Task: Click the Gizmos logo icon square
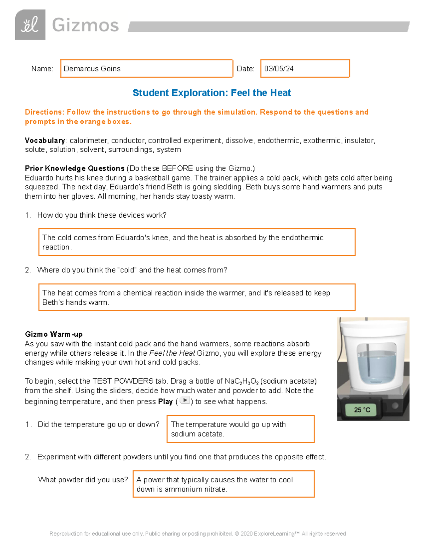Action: click(x=30, y=25)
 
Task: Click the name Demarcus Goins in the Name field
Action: click(x=92, y=69)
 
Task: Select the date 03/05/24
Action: click(x=279, y=69)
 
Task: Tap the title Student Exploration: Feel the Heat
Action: click(x=211, y=93)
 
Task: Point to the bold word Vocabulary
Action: click(x=45, y=140)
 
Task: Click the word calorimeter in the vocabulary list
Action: click(x=88, y=140)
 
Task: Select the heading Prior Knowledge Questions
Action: click(x=75, y=168)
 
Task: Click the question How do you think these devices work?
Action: click(x=102, y=215)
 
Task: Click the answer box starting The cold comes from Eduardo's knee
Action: click(x=196, y=242)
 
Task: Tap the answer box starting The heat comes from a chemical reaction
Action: click(x=196, y=297)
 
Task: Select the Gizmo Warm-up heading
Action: click(x=54, y=334)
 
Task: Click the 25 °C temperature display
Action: click(x=362, y=410)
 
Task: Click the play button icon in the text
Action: click(x=184, y=401)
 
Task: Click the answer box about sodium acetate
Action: click(x=240, y=429)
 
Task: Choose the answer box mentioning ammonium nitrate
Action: click(x=223, y=484)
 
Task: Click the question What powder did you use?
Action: click(x=83, y=480)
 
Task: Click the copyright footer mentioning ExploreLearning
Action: click(x=198, y=534)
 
